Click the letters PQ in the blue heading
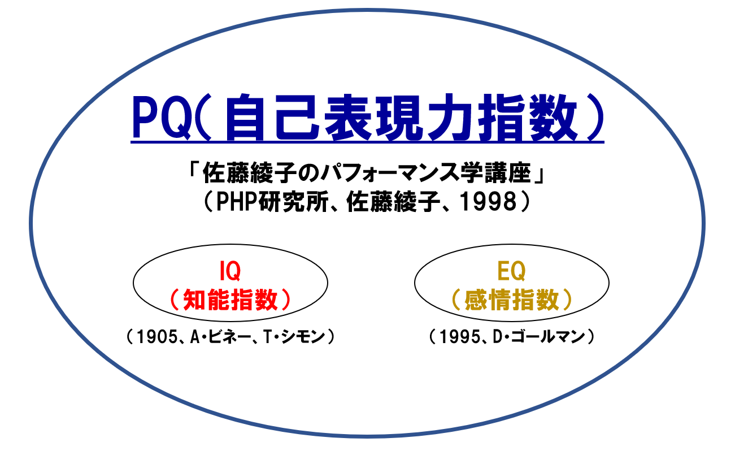coord(162,117)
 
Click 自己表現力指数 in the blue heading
coord(401,117)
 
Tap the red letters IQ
coord(230,271)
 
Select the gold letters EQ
coord(511,271)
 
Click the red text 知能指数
coord(230,300)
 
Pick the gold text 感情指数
coord(512,300)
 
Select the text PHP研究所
coord(272,202)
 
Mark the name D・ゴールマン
coord(539,337)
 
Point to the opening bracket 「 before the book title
coord(193,169)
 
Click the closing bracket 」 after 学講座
coord(539,176)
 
